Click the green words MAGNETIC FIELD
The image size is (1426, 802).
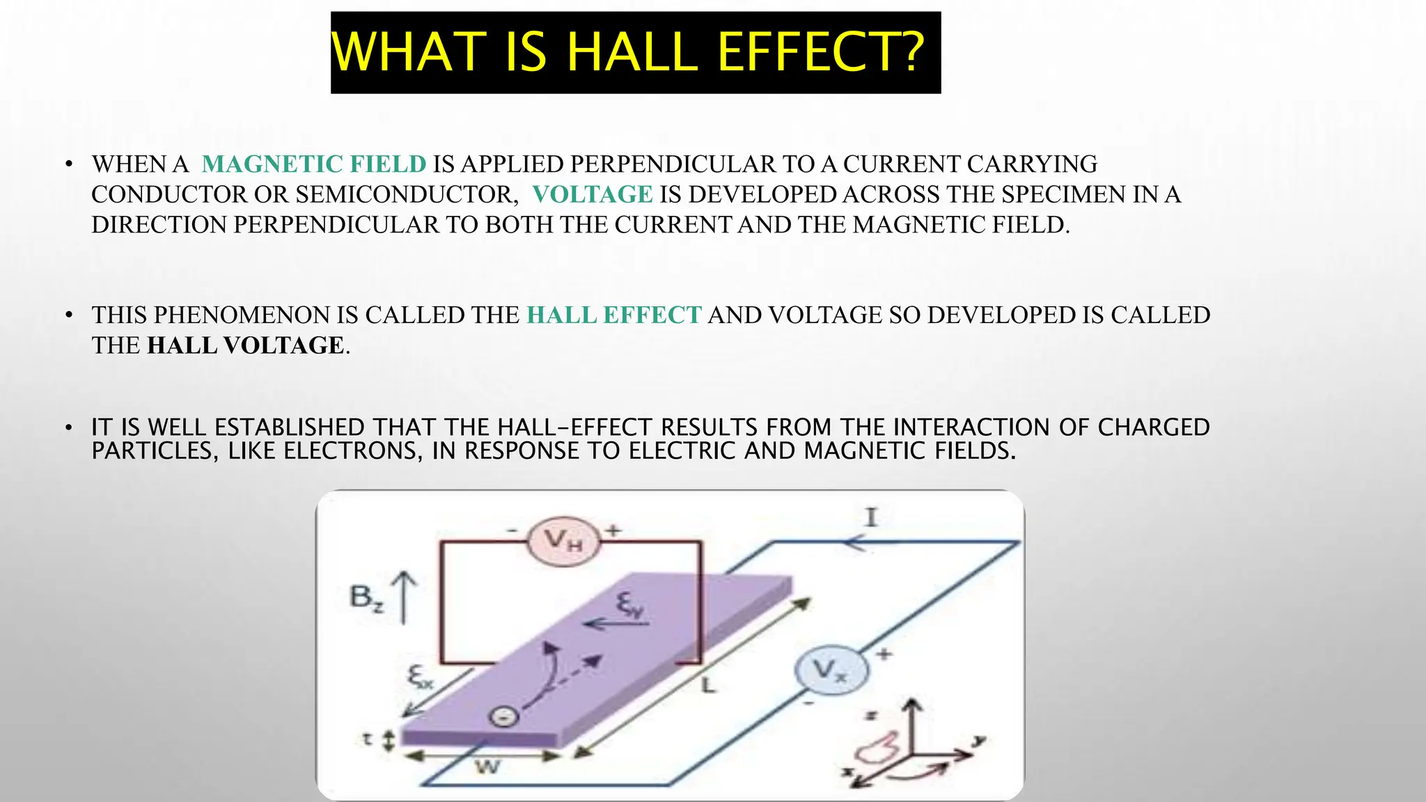(313, 164)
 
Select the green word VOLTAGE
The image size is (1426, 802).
(592, 194)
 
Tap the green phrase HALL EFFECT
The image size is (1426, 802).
(613, 315)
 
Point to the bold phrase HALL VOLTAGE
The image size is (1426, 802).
(246, 345)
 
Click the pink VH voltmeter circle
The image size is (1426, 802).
(563, 541)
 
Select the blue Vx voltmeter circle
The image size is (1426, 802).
(831, 671)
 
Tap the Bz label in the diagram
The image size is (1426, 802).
(366, 597)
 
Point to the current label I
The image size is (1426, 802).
(870, 517)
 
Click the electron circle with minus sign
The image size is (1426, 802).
(505, 716)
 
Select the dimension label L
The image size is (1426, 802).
(707, 686)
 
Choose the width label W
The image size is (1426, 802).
(487, 767)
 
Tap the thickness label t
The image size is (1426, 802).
(367, 739)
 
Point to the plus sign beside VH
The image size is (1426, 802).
(613, 530)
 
